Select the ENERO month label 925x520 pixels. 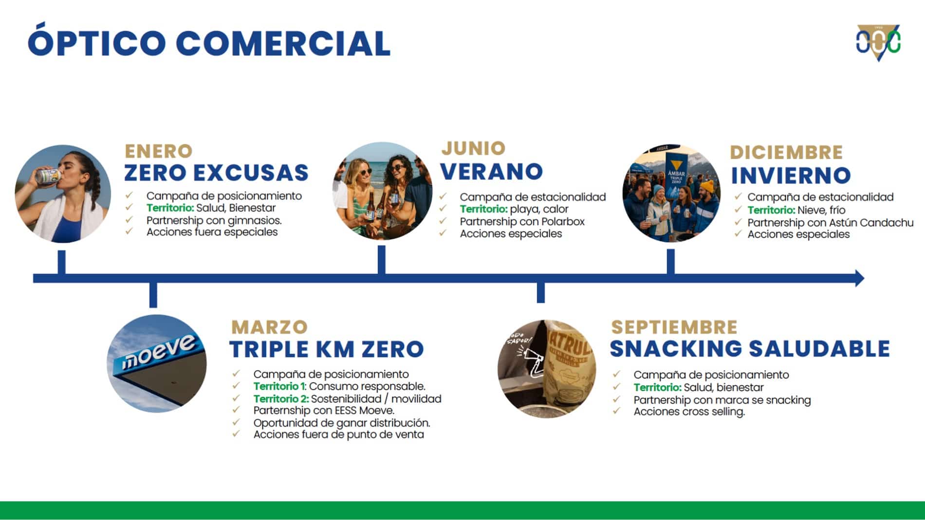159,151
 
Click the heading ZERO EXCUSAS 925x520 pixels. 216,173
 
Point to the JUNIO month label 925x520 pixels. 474,148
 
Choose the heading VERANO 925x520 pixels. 492,171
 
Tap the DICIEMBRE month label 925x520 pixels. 786,152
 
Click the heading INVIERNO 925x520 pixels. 791,176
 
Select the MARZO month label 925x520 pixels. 269,327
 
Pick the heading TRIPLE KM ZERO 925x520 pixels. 327,349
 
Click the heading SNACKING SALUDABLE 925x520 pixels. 750,349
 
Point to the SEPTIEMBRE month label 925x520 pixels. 674,327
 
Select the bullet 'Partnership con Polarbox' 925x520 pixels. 522,221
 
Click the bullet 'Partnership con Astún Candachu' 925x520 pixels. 831,222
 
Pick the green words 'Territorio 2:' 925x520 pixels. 281,399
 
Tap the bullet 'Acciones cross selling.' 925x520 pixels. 689,412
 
